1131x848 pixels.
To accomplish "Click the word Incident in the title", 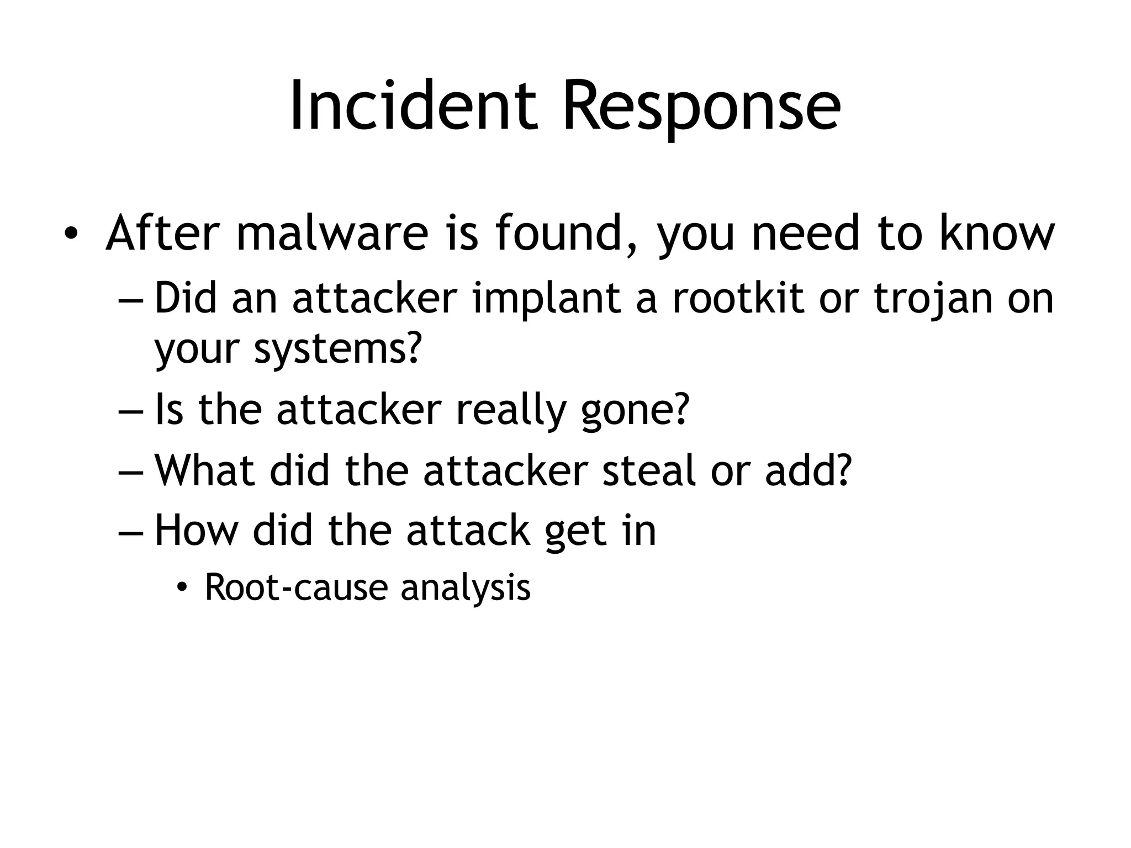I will [413, 105].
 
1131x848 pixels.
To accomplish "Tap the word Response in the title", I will [701, 105].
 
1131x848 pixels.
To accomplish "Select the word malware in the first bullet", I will [332, 234].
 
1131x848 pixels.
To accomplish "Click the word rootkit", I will [737, 299].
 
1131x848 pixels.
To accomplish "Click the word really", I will [511, 410].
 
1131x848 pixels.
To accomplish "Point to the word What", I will [205, 471].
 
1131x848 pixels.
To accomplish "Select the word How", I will [197, 531].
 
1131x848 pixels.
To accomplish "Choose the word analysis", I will [466, 587].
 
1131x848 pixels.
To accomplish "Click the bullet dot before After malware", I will [70, 235].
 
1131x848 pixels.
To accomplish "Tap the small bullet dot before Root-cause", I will [182, 589].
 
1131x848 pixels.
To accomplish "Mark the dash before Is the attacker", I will [130, 411].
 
